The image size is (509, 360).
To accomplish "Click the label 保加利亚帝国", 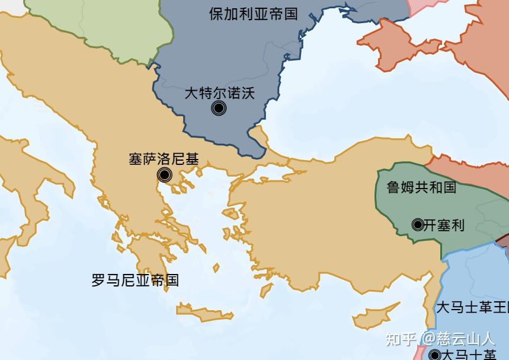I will pos(253,14).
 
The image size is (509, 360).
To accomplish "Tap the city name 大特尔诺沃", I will pos(219,93).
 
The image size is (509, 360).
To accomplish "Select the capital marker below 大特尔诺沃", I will pos(219,108).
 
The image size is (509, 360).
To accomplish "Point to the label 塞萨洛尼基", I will pos(164,159).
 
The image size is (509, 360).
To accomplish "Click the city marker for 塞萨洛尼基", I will pos(165,174).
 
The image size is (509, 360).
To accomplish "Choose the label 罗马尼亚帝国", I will pos(135,280).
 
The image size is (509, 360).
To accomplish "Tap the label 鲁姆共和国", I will pos(421,187).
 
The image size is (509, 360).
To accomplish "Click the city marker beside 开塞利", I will pos(418,225).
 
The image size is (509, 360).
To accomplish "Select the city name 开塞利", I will pos(444,225).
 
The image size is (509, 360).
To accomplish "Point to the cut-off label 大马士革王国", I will pos(472,308).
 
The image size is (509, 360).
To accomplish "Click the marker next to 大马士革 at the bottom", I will pos(435,355).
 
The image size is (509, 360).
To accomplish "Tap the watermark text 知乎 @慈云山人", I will pos(440,339).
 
